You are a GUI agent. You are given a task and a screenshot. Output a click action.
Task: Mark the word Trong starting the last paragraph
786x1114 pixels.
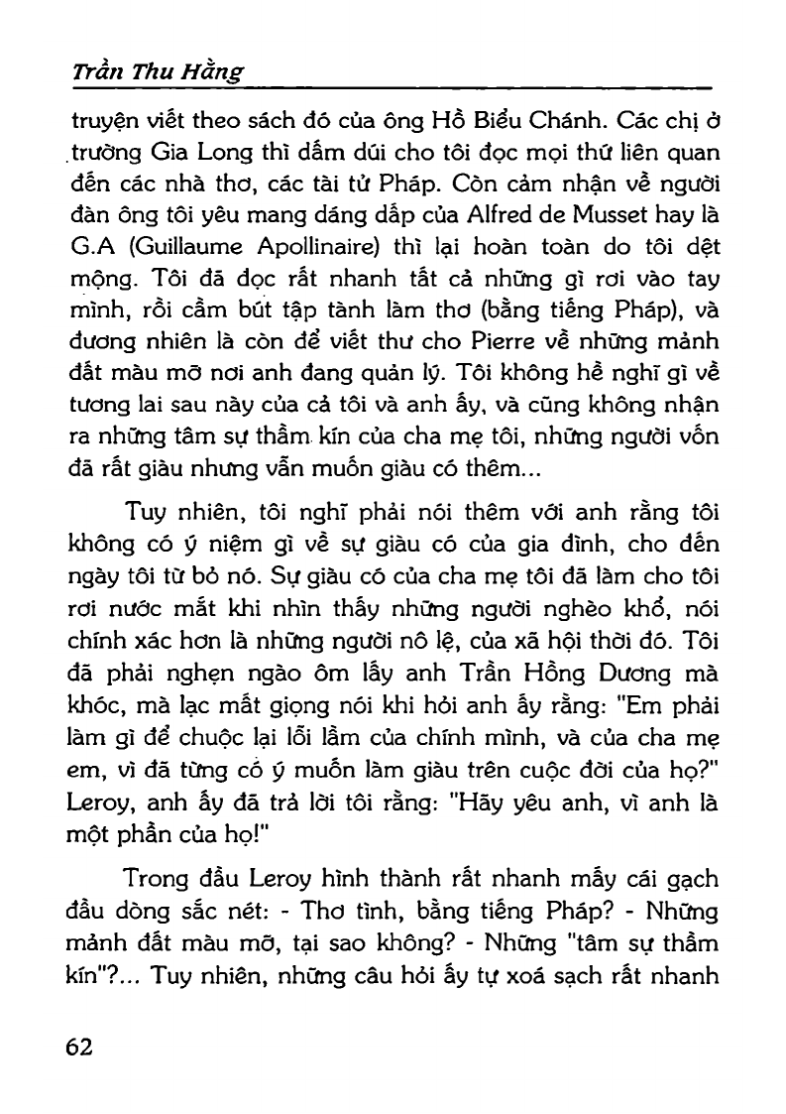pos(156,880)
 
